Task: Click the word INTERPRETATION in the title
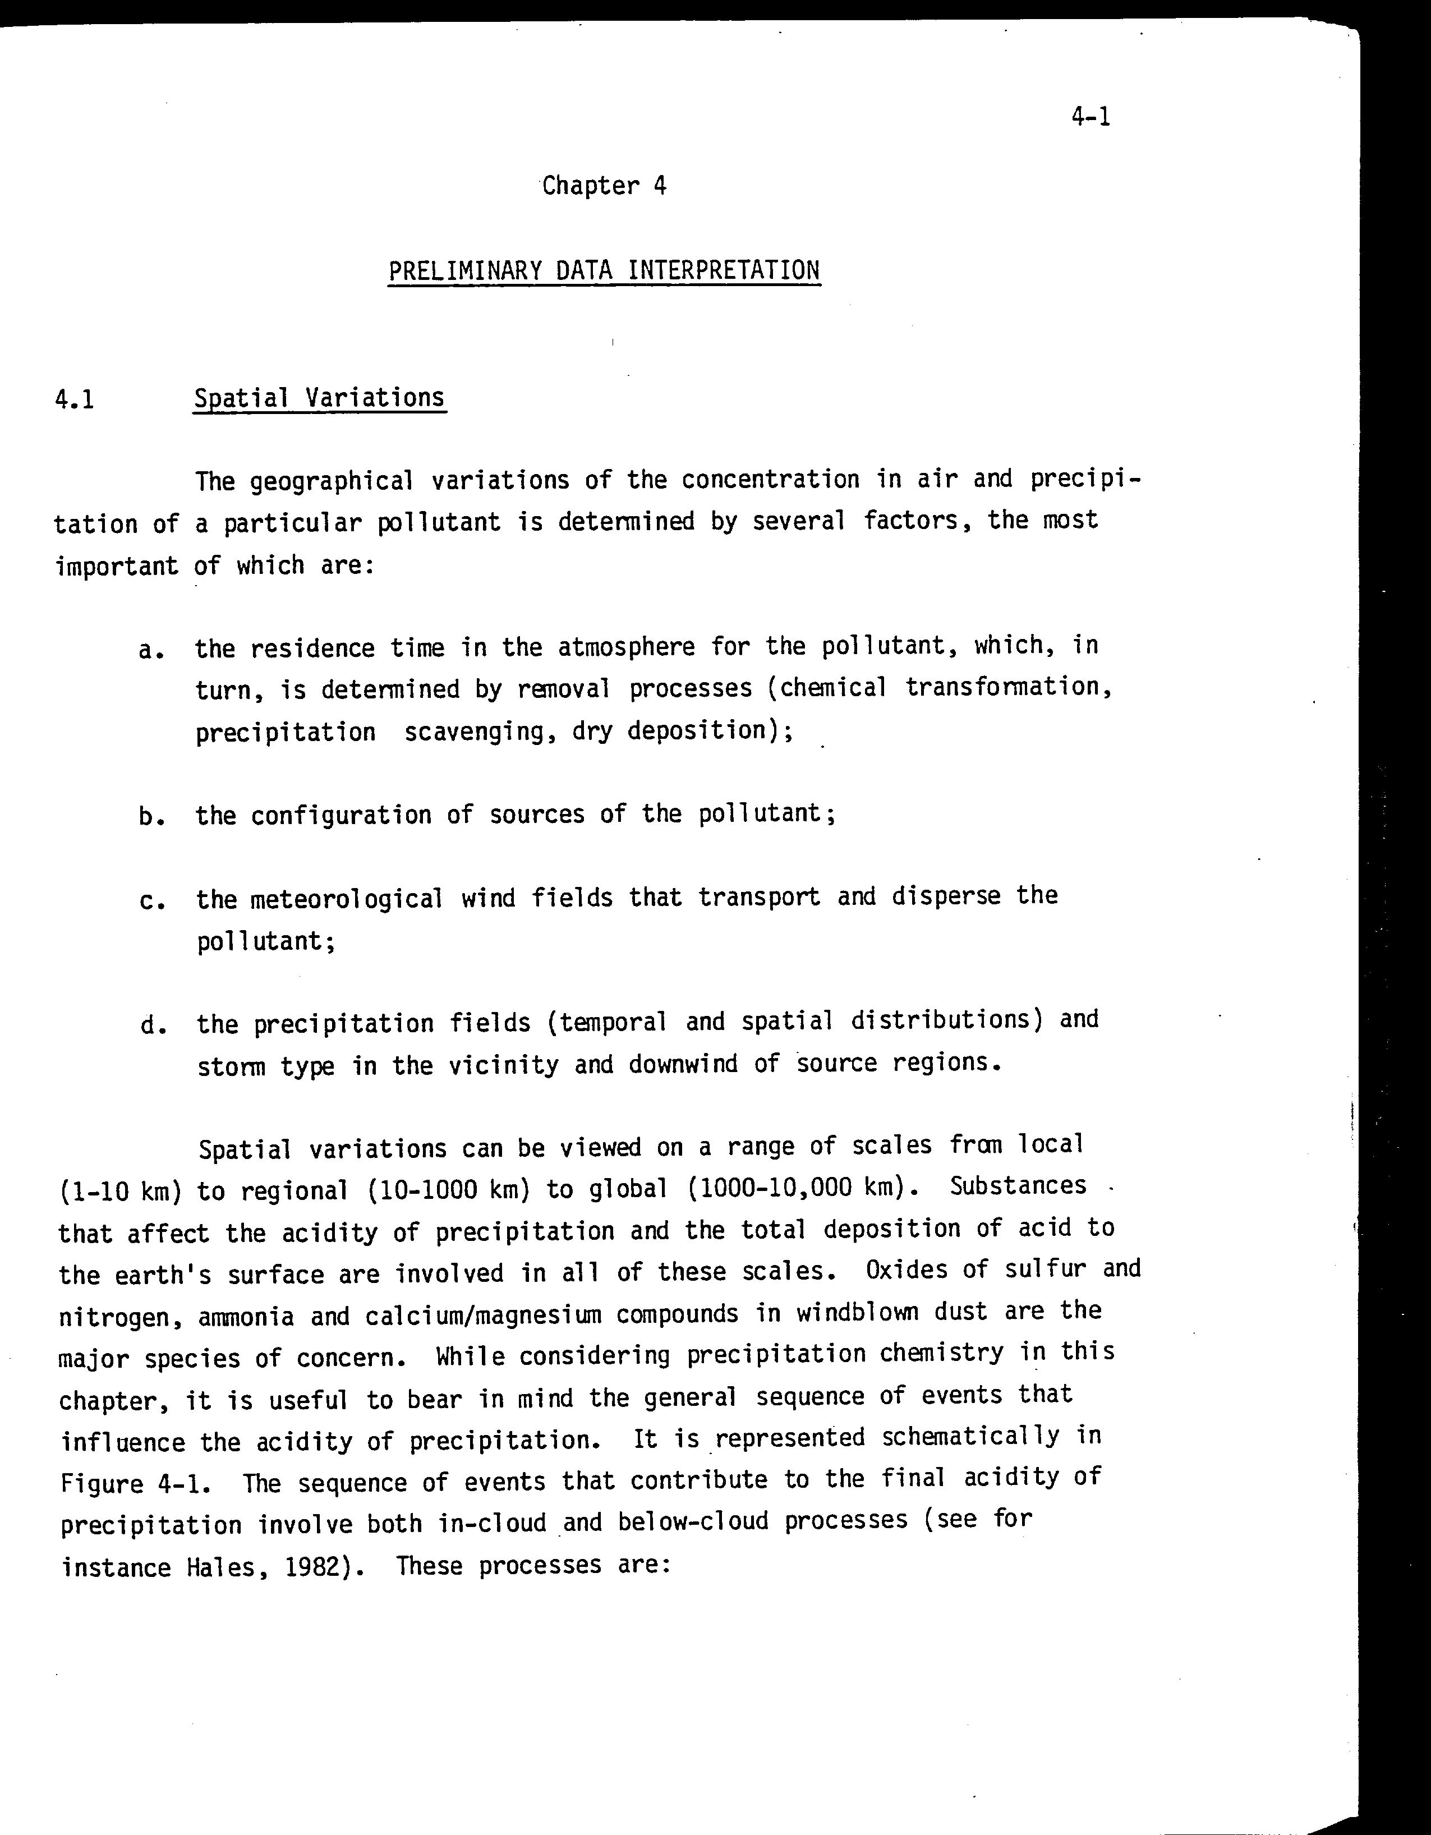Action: tap(724, 270)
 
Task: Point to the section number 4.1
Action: tap(74, 398)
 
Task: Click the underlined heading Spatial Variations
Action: tap(319, 397)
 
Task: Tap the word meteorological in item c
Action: tap(346, 900)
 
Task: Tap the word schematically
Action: tap(970, 1438)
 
